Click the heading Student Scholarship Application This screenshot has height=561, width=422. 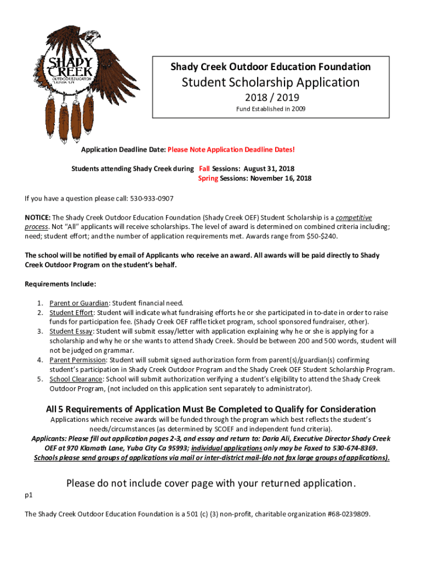click(271, 83)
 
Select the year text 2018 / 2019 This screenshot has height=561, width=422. click(271, 98)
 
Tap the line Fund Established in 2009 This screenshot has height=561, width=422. click(271, 109)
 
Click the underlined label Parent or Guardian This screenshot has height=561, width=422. click(79, 303)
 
